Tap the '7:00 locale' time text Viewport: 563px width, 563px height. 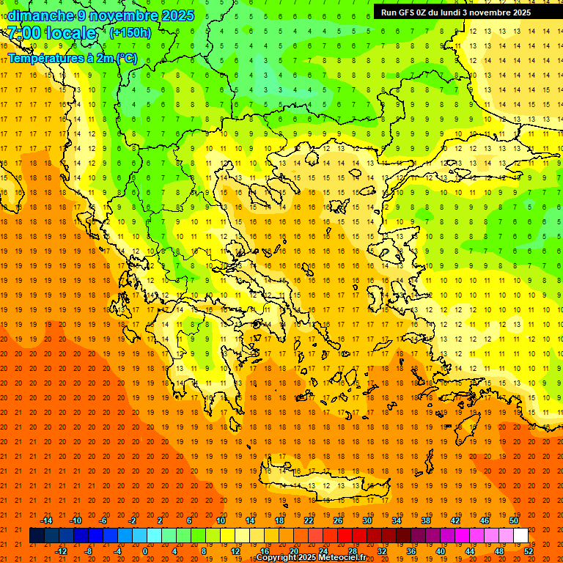(x=52, y=33)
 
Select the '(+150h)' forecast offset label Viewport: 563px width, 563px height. (x=130, y=33)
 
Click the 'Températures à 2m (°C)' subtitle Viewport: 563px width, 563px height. (x=72, y=58)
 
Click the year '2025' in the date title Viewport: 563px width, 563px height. (x=177, y=15)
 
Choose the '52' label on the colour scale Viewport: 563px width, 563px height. (x=529, y=551)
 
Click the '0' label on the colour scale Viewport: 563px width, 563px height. (x=144, y=551)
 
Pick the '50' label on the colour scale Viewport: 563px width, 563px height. (x=514, y=520)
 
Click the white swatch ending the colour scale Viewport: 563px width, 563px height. (x=520, y=535)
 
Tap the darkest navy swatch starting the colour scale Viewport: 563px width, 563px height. (x=37, y=535)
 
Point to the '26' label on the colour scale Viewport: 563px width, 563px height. (x=338, y=520)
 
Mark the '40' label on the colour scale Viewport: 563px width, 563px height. (x=441, y=551)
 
